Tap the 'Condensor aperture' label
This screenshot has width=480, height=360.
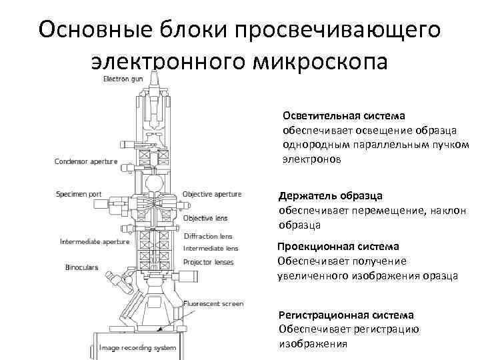[x=86, y=161]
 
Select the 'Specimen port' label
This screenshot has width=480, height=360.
[x=79, y=194]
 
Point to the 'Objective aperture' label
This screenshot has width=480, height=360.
[x=212, y=194]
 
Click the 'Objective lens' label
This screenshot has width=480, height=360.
[x=205, y=218]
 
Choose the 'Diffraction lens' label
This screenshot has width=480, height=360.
[x=208, y=236]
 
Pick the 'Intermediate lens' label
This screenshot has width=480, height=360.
[x=209, y=248]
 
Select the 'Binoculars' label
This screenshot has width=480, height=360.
[x=81, y=267]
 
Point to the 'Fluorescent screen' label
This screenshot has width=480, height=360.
[x=215, y=304]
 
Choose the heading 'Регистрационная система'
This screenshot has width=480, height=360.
[x=345, y=315]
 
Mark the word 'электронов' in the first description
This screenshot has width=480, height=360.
[x=311, y=160]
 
